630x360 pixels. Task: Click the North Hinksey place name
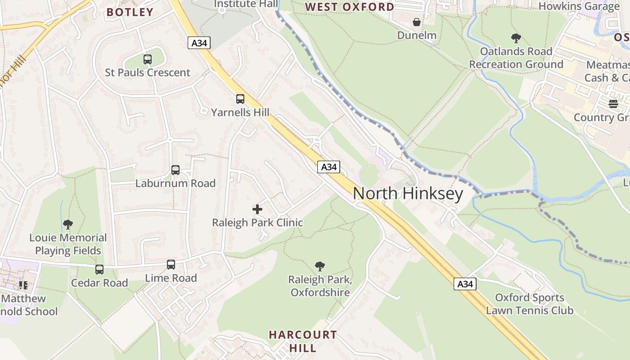[408, 193]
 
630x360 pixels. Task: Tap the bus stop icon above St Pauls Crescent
[148, 59]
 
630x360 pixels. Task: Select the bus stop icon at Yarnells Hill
[240, 99]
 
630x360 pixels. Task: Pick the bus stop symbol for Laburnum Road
[175, 170]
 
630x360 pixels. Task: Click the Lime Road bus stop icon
[171, 265]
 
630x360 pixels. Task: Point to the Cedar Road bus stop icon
[99, 270]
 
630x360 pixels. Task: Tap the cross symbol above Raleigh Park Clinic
[257, 209]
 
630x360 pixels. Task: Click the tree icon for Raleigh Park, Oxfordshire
[320, 266]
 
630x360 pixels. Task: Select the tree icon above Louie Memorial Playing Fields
[68, 225]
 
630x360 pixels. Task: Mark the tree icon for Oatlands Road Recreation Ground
[516, 38]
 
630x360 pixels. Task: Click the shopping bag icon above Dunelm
[417, 22]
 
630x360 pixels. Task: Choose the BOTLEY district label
[130, 12]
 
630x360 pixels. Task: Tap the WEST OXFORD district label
[350, 7]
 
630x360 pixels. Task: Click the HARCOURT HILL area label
[303, 341]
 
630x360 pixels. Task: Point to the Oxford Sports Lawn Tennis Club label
[530, 304]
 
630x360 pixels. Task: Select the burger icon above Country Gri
[613, 104]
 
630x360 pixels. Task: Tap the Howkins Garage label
[579, 6]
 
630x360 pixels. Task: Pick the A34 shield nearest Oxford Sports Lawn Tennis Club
[465, 284]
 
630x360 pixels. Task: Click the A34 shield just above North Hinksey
[328, 167]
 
